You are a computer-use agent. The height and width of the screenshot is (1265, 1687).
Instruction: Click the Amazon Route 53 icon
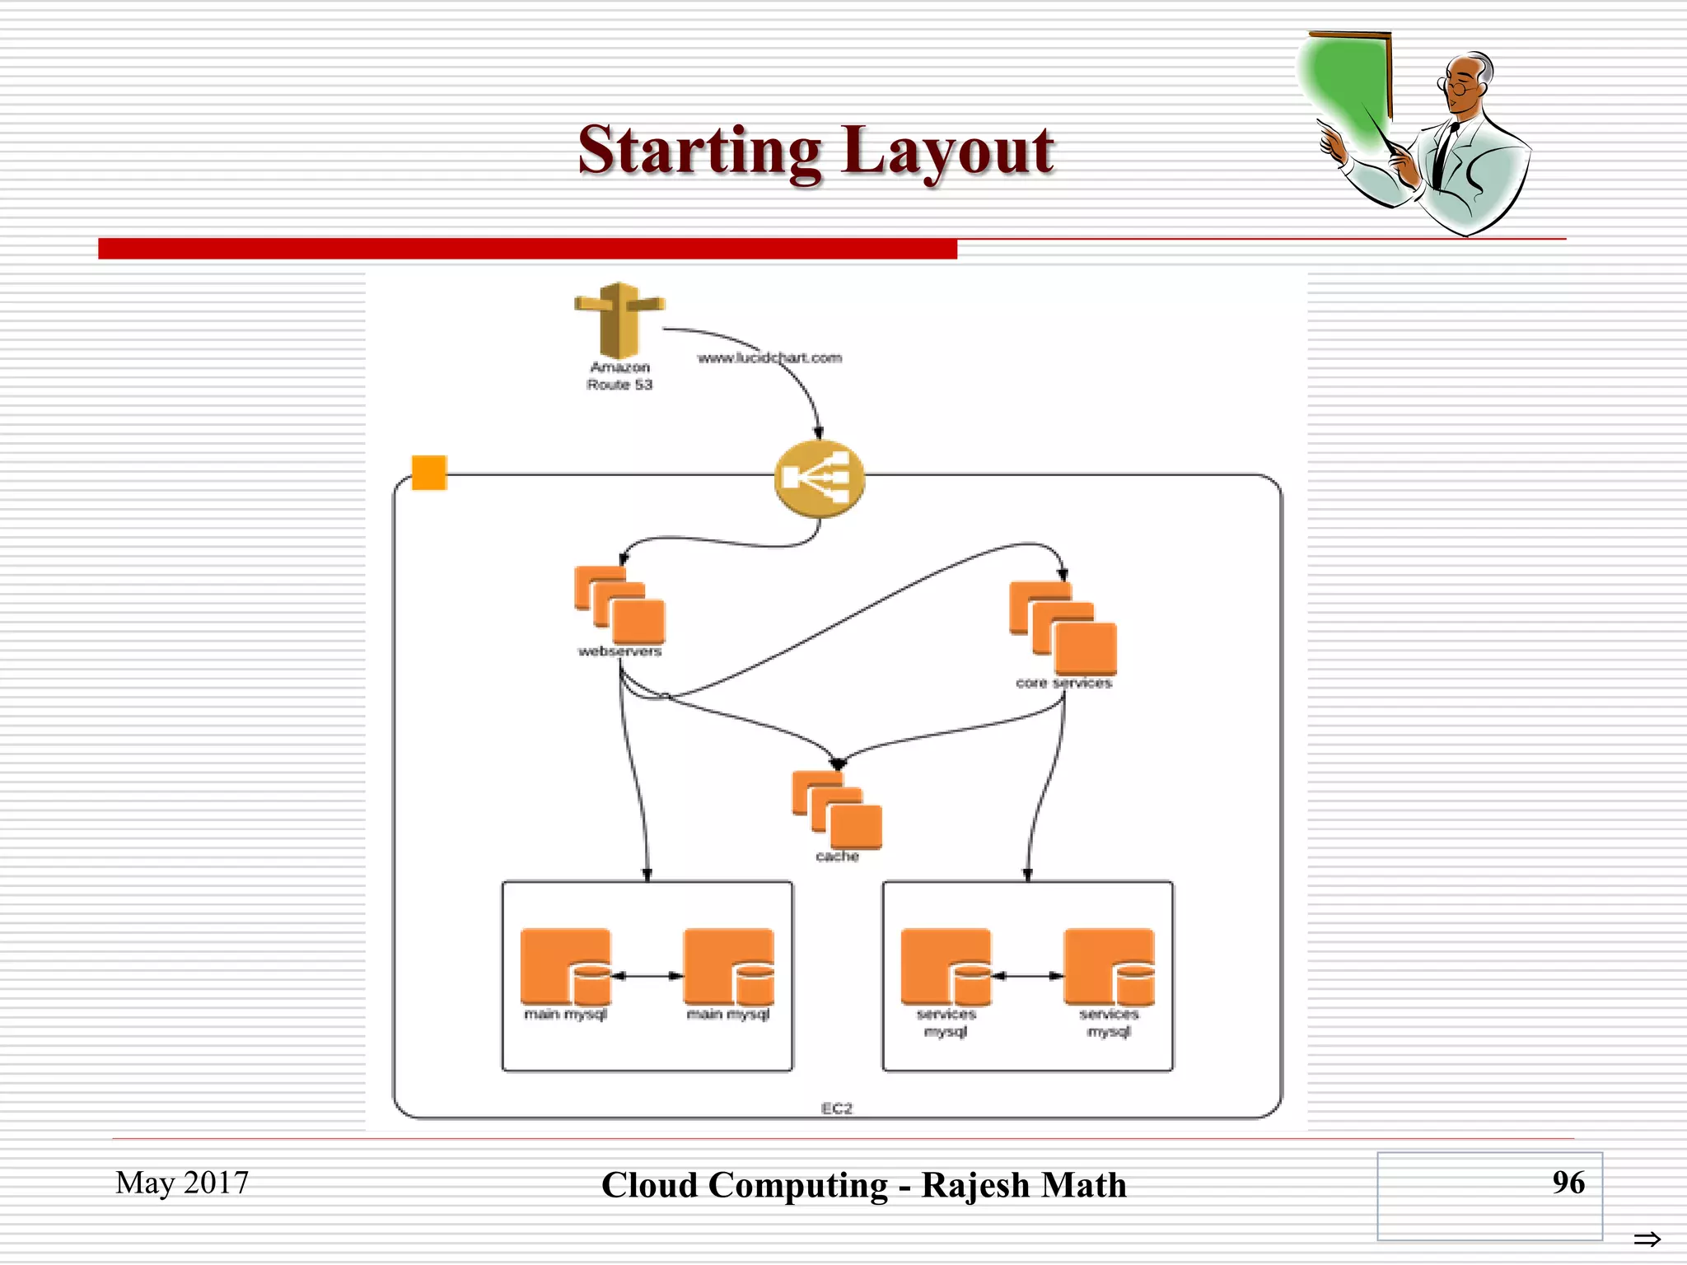click(x=619, y=320)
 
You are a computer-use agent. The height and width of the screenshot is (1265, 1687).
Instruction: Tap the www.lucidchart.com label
click(x=769, y=357)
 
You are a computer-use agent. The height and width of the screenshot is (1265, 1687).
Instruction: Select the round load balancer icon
click(x=819, y=478)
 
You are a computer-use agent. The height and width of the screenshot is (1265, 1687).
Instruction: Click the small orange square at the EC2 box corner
click(x=429, y=473)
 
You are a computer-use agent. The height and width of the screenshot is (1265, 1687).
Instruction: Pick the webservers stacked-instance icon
click(x=620, y=605)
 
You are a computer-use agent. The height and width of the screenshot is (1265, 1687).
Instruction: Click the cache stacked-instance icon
click(x=837, y=810)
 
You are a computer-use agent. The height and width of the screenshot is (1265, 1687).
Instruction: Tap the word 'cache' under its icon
click(x=837, y=857)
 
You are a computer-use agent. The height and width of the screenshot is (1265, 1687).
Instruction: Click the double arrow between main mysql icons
click(x=647, y=976)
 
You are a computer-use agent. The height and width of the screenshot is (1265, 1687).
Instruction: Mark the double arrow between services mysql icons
click(x=1027, y=976)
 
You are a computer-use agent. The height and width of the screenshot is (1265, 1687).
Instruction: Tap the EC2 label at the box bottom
click(x=836, y=1109)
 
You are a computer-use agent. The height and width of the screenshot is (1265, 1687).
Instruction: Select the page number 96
click(x=1568, y=1182)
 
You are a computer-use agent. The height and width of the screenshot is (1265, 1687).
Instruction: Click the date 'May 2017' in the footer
click(x=182, y=1183)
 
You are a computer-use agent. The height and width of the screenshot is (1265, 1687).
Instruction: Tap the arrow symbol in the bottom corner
click(x=1647, y=1239)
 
